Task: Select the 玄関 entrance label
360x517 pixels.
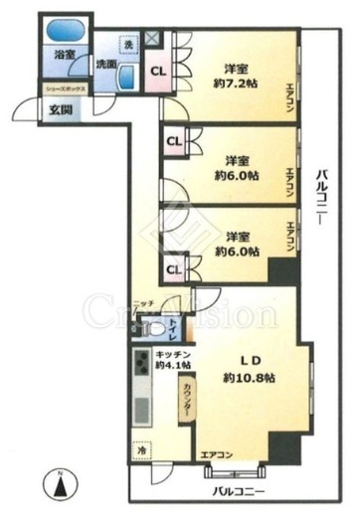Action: click(x=33, y=109)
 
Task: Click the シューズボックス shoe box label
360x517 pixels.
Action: click(x=63, y=89)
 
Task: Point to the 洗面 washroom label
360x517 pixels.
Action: click(x=104, y=66)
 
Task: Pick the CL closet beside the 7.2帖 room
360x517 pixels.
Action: click(x=158, y=72)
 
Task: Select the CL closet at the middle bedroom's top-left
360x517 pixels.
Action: click(x=173, y=140)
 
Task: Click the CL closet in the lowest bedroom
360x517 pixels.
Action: click(x=173, y=268)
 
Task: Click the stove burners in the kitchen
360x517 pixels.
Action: click(x=140, y=364)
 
